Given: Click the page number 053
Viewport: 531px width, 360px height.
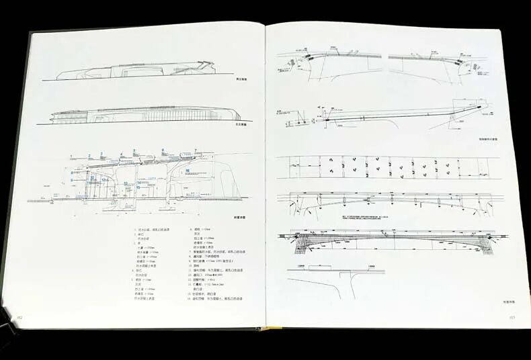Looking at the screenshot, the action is pos(512,318).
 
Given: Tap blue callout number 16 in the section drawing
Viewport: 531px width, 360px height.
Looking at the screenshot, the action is pos(188,171).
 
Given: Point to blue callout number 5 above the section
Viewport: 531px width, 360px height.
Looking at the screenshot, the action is pos(134,150).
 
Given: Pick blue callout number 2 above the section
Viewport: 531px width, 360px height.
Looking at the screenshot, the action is pos(89,156).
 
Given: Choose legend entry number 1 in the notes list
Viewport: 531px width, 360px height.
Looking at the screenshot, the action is pos(153,230).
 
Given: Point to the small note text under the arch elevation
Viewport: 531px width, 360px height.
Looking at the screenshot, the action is pos(363,218).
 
